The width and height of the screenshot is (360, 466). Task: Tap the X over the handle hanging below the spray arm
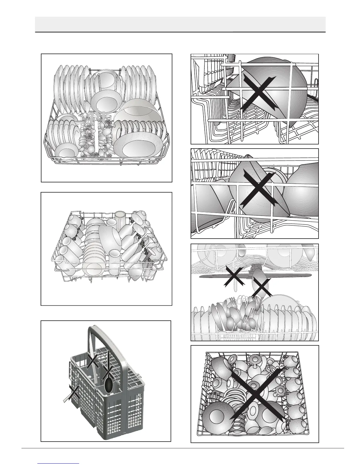point(234,277)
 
